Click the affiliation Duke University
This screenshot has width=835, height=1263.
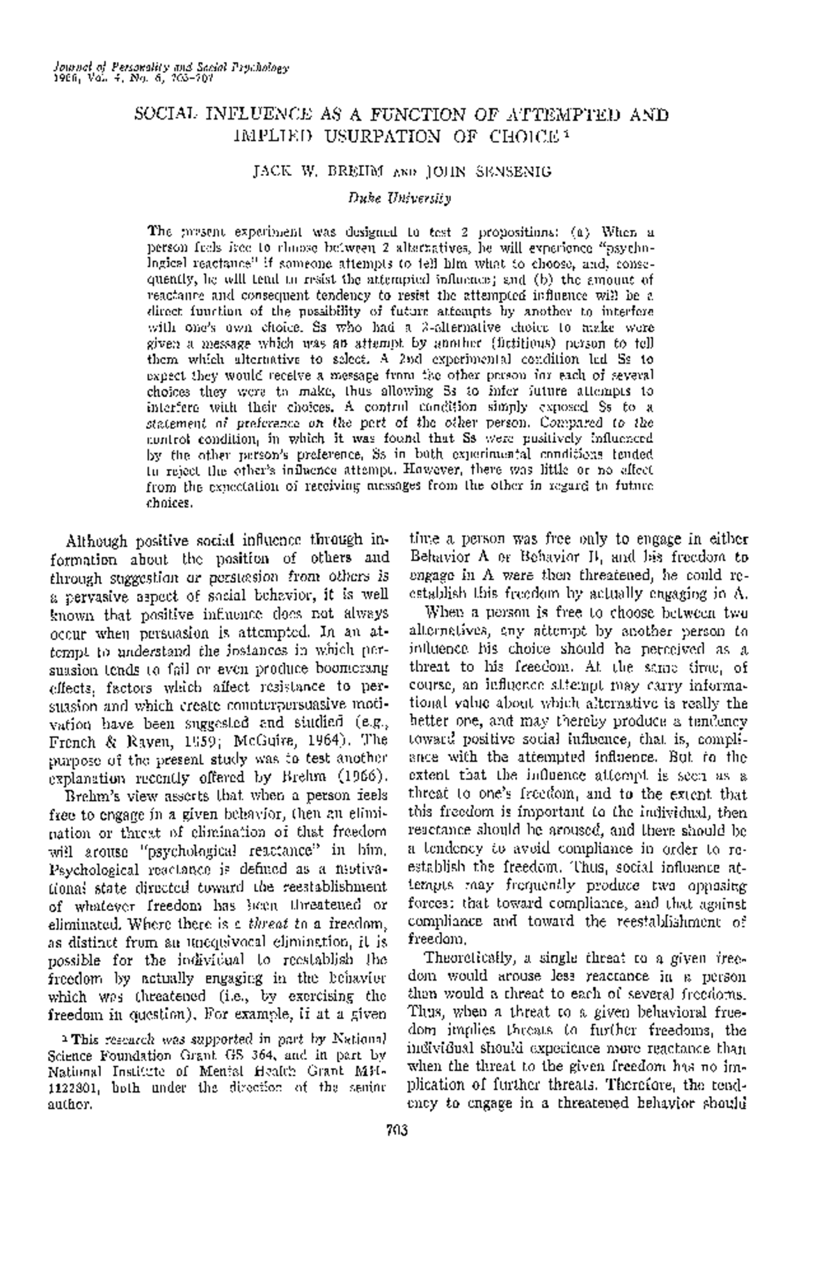tap(399, 198)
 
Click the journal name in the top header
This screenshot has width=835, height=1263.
tap(170, 68)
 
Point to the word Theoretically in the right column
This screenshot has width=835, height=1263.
tap(469, 957)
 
